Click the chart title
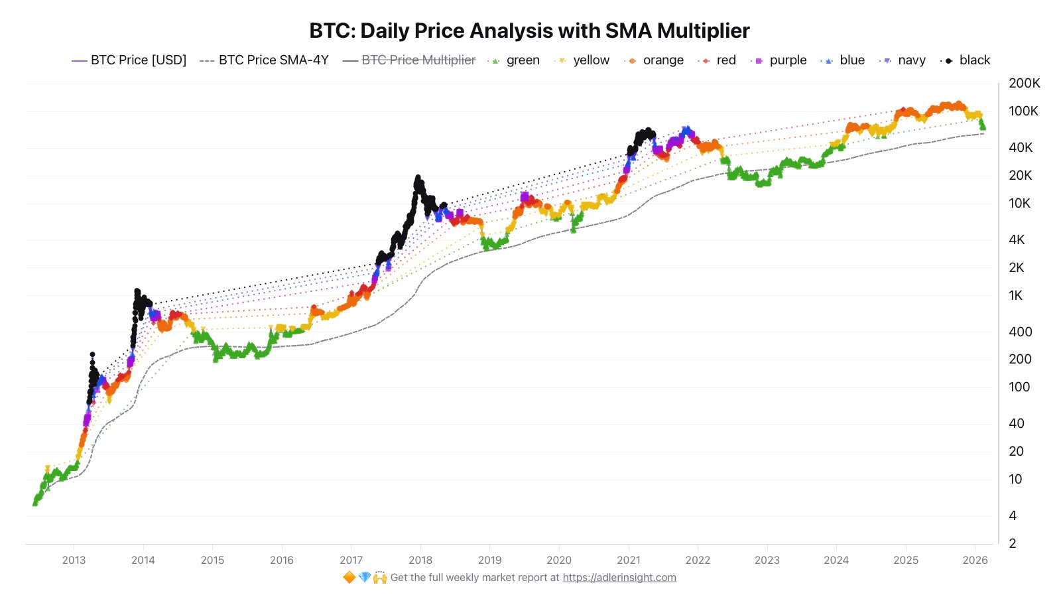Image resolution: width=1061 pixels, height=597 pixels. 529,31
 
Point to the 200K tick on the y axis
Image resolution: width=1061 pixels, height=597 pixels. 1024,84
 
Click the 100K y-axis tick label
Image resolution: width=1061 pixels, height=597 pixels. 1023,111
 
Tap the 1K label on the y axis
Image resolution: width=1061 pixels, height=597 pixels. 1016,296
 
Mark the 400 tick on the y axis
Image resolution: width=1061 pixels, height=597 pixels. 1020,332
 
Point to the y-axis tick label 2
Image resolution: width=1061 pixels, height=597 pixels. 1013,543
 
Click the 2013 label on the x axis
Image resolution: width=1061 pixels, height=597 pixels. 74,560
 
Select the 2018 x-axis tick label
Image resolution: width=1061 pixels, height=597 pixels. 420,560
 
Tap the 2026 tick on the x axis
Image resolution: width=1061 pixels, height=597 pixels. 975,560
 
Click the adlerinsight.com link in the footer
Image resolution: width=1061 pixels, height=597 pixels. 619,578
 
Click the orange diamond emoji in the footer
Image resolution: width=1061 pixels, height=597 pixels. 349,578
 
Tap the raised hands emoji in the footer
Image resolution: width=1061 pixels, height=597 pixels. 380,578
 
